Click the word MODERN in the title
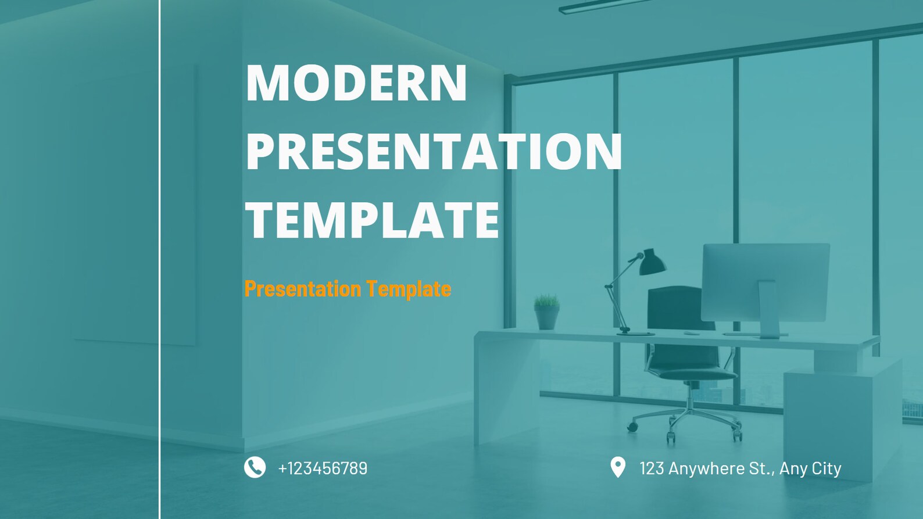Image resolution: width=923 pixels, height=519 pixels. coord(356,83)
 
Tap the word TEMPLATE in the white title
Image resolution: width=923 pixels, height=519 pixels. coord(373,220)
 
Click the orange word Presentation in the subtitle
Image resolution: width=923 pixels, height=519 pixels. coord(303,289)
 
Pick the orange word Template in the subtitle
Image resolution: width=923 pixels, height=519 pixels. coord(409,289)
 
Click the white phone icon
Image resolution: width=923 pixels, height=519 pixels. coord(255,467)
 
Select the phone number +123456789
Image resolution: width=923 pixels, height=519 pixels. coord(323,468)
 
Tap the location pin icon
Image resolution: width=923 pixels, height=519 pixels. coord(618,467)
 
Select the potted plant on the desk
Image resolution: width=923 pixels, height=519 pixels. coord(546,312)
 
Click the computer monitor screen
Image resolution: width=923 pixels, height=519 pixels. coord(765,282)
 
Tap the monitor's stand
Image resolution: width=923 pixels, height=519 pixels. coord(768,309)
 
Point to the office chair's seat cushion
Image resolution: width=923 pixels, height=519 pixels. coord(692,374)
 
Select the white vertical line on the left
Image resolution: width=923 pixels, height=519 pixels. coord(159,259)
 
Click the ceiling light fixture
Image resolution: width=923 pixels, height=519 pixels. coord(604,6)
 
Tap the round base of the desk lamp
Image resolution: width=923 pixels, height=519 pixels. coord(635,333)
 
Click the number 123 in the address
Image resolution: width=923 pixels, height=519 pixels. coord(652,468)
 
